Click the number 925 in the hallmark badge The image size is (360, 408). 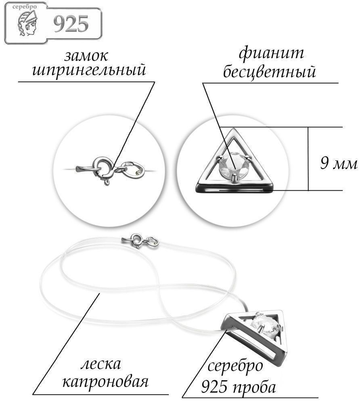pyautogui.click(x=71, y=24)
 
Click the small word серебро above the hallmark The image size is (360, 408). pyautogui.click(x=25, y=7)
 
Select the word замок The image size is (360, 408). pyautogui.click(x=86, y=56)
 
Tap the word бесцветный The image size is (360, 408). pyautogui.click(x=269, y=71)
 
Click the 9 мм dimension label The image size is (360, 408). pyautogui.click(x=338, y=163)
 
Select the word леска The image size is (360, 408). pyautogui.click(x=100, y=364)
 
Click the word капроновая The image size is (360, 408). pyautogui.click(x=105, y=382)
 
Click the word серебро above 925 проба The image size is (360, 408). pyautogui.click(x=235, y=366)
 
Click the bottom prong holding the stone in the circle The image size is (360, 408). pyautogui.click(x=235, y=178)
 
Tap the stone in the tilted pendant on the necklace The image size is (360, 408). pyautogui.click(x=267, y=324)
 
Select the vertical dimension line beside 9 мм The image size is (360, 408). pyautogui.click(x=308, y=159)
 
